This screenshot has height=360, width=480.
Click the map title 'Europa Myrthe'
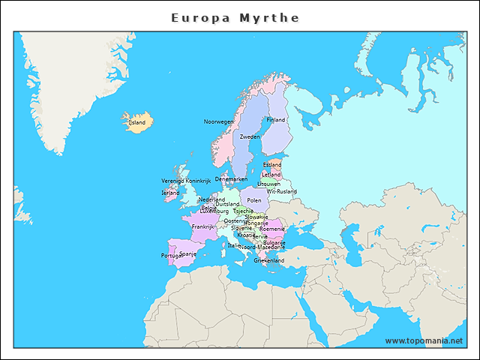pyautogui.click(x=235, y=17)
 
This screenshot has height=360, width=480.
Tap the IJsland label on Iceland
pyautogui.click(x=136, y=122)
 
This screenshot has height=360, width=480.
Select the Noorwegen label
pyautogui.click(x=219, y=121)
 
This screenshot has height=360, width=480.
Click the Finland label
pyautogui.click(x=276, y=120)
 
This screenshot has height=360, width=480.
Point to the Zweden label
pyautogui.click(x=250, y=137)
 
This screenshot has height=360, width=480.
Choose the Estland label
pyautogui.click(x=271, y=165)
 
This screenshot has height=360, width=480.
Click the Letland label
pyautogui.click(x=271, y=175)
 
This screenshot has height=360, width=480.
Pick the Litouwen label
pyautogui.click(x=268, y=184)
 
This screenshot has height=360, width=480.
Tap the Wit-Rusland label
pyautogui.click(x=282, y=191)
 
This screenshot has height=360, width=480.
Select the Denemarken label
pyautogui.click(x=231, y=179)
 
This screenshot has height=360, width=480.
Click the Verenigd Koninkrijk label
pyautogui.click(x=187, y=181)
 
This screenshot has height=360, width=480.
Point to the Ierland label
pyautogui.click(x=170, y=193)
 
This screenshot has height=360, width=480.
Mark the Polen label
pyautogui.click(x=254, y=201)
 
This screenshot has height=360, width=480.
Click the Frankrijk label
pyautogui.click(x=202, y=226)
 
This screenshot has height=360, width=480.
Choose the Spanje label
pyautogui.click(x=187, y=253)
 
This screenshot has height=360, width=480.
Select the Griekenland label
pyautogui.click(x=268, y=260)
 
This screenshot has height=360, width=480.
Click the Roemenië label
pyautogui.click(x=271, y=229)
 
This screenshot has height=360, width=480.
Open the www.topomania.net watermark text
pyautogui.click(x=424, y=340)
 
